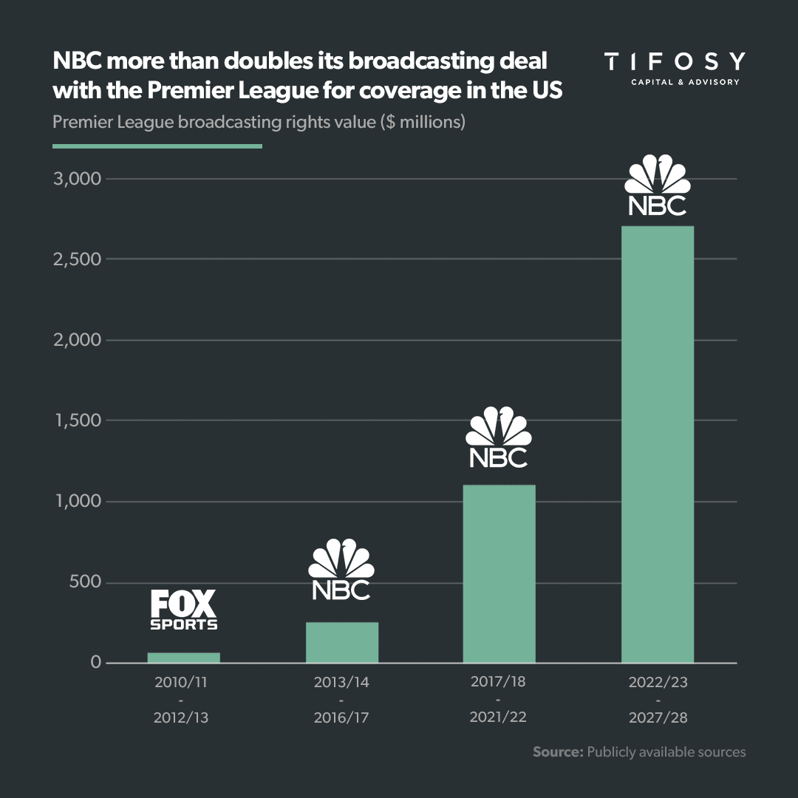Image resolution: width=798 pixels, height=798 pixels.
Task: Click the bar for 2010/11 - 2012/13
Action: (183, 658)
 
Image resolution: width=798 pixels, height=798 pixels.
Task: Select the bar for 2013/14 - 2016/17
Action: (342, 642)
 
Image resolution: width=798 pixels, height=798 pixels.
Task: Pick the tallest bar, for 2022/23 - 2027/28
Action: (657, 444)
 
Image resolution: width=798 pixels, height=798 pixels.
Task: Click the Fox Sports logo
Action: (184, 610)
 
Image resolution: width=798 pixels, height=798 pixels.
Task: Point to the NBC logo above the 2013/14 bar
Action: (341, 570)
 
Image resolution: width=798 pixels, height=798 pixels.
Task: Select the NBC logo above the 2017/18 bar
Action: (499, 437)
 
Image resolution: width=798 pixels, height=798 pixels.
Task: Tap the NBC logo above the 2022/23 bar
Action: (657, 185)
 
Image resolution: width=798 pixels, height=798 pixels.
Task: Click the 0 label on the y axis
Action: (95, 663)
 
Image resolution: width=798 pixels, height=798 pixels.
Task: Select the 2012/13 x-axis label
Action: (182, 717)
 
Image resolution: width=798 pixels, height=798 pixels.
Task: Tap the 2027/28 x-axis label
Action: (657, 717)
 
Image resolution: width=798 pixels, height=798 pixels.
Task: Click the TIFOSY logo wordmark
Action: (674, 61)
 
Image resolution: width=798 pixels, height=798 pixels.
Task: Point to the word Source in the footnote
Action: (557, 752)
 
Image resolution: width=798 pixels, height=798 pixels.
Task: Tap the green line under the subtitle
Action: (157, 146)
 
